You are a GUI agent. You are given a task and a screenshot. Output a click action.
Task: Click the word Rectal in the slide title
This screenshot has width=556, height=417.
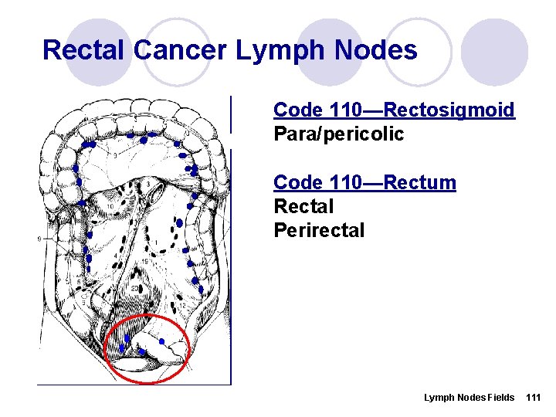[x=84, y=50]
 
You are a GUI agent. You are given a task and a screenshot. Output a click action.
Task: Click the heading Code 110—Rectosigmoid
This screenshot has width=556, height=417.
[x=394, y=110]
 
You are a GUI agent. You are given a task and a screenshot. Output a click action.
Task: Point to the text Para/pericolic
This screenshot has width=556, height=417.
[x=338, y=134]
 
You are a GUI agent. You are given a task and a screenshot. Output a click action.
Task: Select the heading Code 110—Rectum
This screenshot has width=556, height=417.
[x=364, y=183]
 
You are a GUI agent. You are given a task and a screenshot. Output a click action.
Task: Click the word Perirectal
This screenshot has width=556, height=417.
[x=319, y=231]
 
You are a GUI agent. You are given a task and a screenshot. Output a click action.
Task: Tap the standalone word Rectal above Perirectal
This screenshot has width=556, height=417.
[x=303, y=207]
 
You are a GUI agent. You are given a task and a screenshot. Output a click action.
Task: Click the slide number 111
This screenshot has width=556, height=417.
[x=533, y=397]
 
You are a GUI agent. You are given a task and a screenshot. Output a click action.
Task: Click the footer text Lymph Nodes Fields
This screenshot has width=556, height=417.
[x=469, y=397]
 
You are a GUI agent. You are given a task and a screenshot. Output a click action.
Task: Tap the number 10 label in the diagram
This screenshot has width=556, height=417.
[x=111, y=206]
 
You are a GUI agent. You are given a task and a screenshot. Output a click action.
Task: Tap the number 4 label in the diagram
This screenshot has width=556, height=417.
[x=115, y=256]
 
